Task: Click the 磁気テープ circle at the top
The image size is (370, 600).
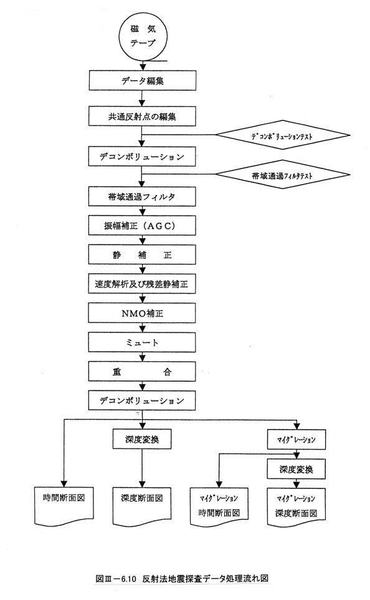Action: (x=142, y=36)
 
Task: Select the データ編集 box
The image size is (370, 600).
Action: (x=142, y=80)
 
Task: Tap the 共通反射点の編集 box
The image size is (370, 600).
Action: (x=142, y=116)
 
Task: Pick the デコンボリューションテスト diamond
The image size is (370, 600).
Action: (x=283, y=135)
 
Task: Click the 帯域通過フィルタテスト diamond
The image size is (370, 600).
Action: (x=283, y=175)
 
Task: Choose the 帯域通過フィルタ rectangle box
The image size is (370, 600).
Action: (x=142, y=196)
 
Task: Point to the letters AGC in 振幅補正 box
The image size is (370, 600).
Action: (x=158, y=225)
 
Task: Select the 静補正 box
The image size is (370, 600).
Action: (x=142, y=254)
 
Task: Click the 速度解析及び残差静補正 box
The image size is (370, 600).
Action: (x=142, y=284)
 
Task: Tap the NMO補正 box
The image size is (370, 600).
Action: (x=142, y=313)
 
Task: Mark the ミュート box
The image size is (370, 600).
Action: (x=142, y=342)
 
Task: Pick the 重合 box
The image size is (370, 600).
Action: (x=142, y=371)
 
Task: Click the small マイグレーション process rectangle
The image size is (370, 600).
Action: (x=296, y=439)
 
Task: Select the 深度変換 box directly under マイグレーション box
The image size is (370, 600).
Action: (x=296, y=469)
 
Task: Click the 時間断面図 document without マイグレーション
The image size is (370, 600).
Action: (x=64, y=505)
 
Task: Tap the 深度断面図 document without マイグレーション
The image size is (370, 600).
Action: (x=142, y=505)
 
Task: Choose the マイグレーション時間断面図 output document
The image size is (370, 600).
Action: (x=219, y=506)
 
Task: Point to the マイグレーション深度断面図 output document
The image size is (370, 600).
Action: (x=296, y=506)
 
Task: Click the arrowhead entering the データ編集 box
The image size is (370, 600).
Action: (x=142, y=67)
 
